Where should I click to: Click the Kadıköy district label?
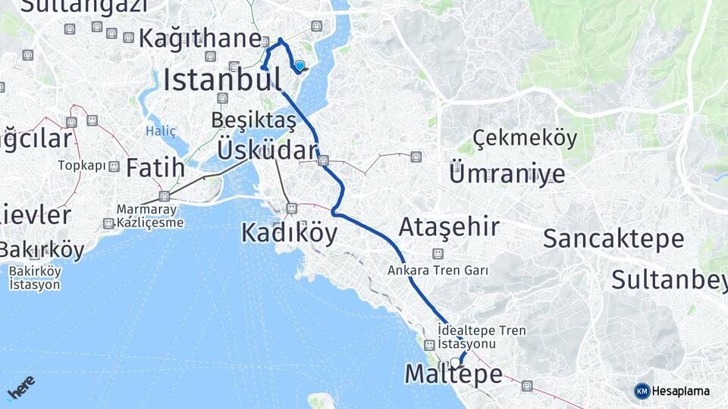coord(289,233)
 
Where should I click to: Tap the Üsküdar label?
coord(265,149)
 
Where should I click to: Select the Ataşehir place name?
coord(449,226)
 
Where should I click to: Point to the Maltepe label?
coord(453,374)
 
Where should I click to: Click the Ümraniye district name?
coord(507,173)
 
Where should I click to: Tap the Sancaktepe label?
coord(613,239)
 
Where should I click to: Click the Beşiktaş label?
coord(253,120)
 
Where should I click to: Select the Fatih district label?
coord(155,167)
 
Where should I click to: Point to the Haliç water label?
coord(161,131)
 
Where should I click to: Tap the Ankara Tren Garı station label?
coord(437,270)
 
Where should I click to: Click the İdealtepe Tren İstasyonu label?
coord(482,337)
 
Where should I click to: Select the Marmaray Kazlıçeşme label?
coord(147,216)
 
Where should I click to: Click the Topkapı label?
coord(81,165)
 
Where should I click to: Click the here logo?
coord(20,387)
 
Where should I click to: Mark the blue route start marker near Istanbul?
coord(300,66)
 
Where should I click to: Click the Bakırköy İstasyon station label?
coord(35,279)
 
